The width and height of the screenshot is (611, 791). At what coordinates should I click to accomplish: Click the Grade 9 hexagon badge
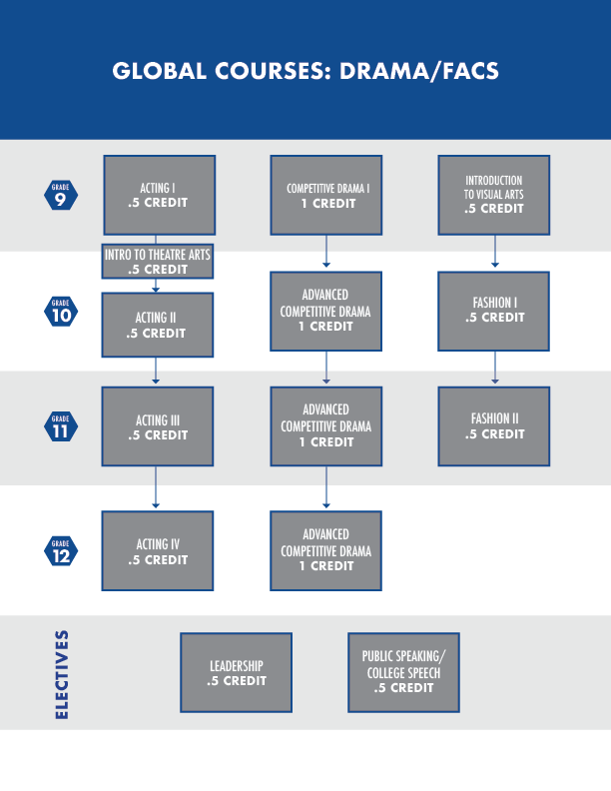coord(61,195)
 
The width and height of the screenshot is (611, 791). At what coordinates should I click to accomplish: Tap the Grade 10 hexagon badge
coord(61,312)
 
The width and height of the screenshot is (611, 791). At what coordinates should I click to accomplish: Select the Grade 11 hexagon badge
coord(61,426)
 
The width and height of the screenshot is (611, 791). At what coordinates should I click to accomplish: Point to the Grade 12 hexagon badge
coord(61,551)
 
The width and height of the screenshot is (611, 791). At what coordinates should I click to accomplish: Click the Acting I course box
coord(160,195)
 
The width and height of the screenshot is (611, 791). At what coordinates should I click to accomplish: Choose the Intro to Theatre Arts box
coord(158,262)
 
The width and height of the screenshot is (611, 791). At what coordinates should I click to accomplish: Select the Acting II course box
coord(158,325)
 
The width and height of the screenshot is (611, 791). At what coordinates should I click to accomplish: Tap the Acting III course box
coord(158,426)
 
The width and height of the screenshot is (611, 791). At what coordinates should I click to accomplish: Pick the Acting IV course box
coord(158,551)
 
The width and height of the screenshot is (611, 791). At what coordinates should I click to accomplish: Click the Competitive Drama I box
coord(326,195)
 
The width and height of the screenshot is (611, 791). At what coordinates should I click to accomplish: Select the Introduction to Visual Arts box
coord(494,195)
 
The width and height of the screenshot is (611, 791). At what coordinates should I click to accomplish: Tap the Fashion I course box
coord(494,312)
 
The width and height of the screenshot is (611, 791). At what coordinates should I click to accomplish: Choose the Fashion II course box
coord(494,426)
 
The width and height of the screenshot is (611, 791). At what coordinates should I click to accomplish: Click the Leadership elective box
coord(236,672)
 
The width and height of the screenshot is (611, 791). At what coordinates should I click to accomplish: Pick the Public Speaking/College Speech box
coord(403,672)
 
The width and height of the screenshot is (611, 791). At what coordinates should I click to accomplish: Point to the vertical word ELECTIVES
coord(62,674)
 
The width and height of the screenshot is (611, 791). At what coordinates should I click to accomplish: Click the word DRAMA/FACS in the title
coord(419,71)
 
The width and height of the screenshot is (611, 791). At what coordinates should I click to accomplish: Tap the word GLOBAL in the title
coord(160,71)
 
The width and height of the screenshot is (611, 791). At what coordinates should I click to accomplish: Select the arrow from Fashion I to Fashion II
coord(495,368)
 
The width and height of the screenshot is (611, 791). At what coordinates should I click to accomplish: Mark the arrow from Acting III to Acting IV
coord(156,487)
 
